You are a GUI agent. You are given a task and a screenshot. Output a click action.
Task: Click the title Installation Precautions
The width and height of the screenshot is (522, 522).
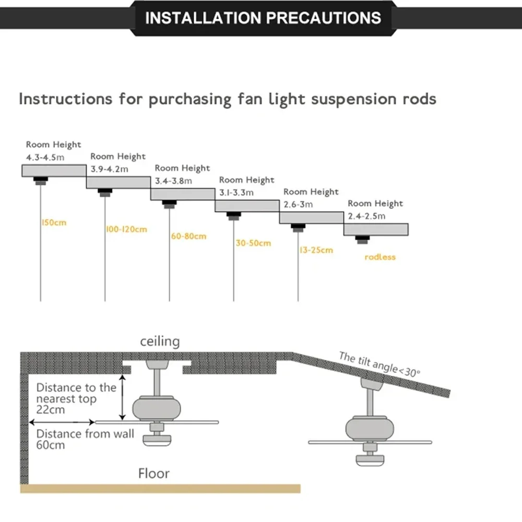click(x=263, y=18)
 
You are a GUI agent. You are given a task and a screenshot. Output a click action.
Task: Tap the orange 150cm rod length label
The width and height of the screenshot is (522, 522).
click(x=54, y=223)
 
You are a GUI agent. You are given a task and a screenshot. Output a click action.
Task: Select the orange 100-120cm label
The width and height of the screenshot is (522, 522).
click(x=126, y=229)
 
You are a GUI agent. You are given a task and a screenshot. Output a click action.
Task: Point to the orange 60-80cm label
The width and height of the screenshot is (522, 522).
click(x=188, y=236)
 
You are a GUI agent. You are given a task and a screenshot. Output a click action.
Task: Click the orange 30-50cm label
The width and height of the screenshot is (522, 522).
click(x=253, y=243)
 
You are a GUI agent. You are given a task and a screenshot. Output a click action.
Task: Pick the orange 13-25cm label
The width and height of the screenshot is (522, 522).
click(x=316, y=250)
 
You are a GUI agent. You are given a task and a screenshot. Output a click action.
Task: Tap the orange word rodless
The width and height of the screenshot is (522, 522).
click(x=380, y=257)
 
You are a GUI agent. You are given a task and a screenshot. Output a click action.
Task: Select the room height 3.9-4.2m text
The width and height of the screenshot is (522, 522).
click(x=110, y=169)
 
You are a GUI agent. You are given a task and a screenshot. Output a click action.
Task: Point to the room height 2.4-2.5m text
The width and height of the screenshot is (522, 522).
click(x=367, y=216)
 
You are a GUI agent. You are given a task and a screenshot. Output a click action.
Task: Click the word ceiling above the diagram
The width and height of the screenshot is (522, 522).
click(x=160, y=342)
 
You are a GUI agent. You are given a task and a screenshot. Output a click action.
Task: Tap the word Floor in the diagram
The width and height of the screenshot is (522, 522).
click(x=154, y=473)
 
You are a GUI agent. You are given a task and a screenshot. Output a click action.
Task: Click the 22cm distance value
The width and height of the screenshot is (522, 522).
click(x=51, y=410)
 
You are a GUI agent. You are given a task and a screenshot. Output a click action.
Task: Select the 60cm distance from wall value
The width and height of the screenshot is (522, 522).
click(x=51, y=445)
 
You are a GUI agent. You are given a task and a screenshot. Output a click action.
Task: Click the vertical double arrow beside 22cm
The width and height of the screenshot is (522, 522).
click(x=123, y=397)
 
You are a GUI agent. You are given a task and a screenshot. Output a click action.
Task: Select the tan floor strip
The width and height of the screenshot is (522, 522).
click(x=160, y=489)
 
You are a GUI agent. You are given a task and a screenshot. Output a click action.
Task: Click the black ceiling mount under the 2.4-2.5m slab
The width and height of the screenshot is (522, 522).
click(x=362, y=239)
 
